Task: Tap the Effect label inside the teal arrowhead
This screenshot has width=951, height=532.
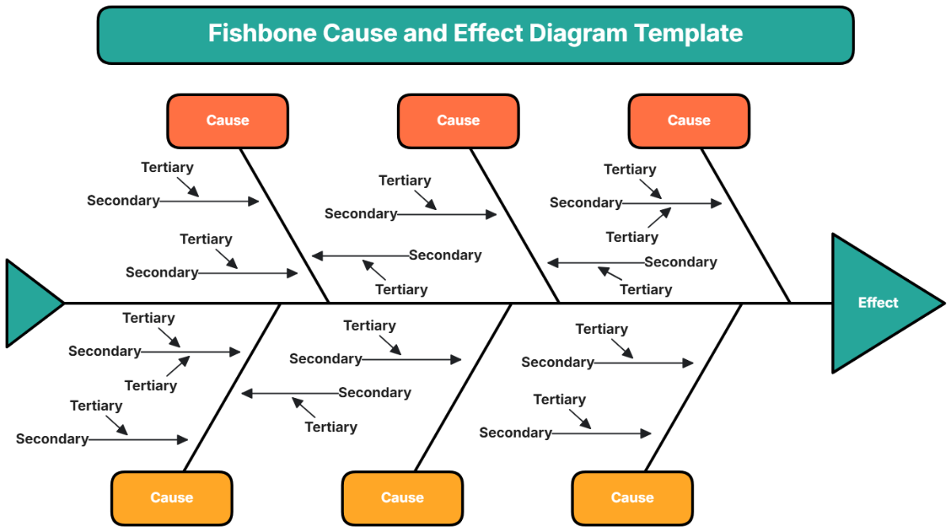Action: tap(878, 303)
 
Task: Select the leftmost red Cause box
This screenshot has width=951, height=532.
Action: tap(227, 121)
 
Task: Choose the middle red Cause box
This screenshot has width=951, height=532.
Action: tap(458, 121)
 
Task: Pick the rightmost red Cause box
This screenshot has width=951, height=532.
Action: tap(689, 121)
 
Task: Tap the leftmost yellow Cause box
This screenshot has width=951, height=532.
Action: tap(171, 498)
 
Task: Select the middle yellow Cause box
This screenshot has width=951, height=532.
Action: tap(402, 498)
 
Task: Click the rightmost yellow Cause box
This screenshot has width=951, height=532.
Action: tap(632, 498)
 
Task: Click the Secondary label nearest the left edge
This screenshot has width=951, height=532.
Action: tap(52, 439)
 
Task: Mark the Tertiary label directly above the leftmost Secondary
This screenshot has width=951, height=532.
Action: tap(96, 406)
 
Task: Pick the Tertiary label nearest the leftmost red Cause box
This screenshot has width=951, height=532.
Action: tap(167, 167)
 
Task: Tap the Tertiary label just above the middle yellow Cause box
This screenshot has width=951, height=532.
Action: tap(331, 427)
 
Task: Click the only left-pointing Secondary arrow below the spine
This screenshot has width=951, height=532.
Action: tap(289, 393)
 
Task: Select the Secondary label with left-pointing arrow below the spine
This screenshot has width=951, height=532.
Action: tap(375, 393)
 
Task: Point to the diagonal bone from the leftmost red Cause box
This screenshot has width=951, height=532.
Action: tap(285, 226)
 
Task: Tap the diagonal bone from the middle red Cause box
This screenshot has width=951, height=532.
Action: tap(516, 226)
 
